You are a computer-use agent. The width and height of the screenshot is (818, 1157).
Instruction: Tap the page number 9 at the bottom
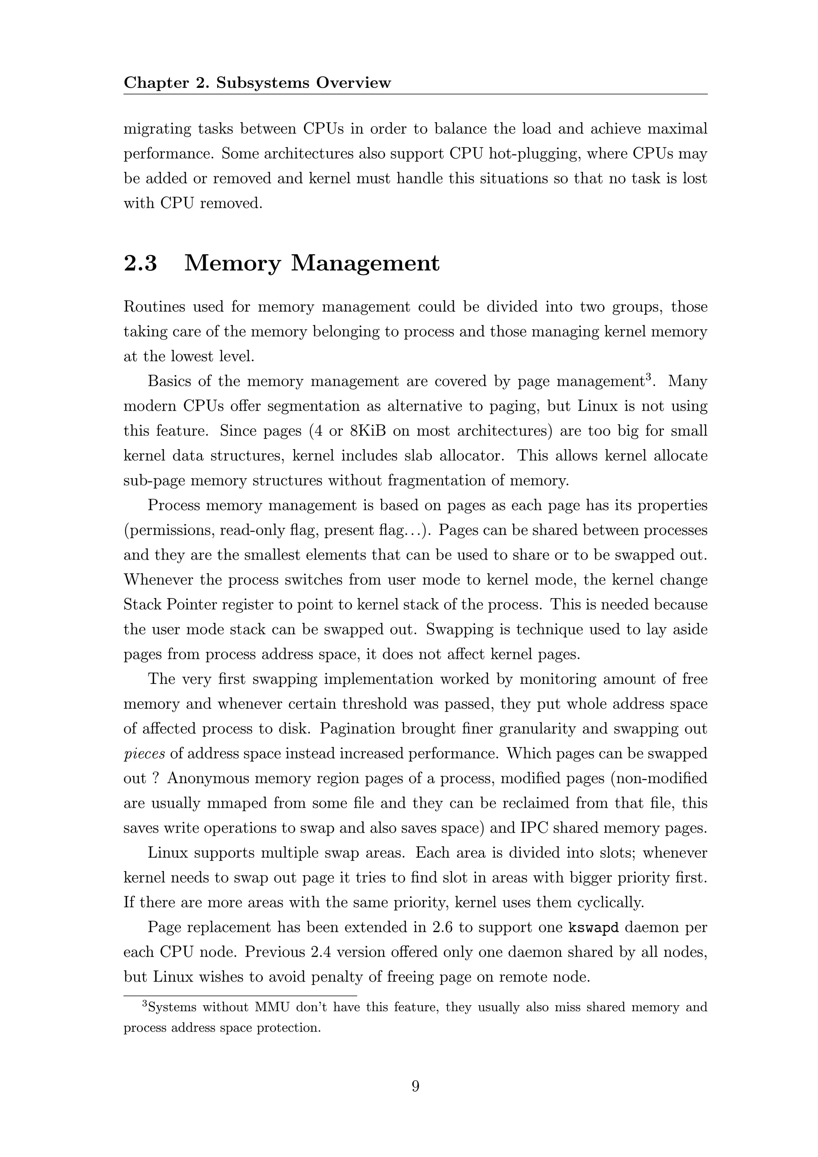(415, 1085)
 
